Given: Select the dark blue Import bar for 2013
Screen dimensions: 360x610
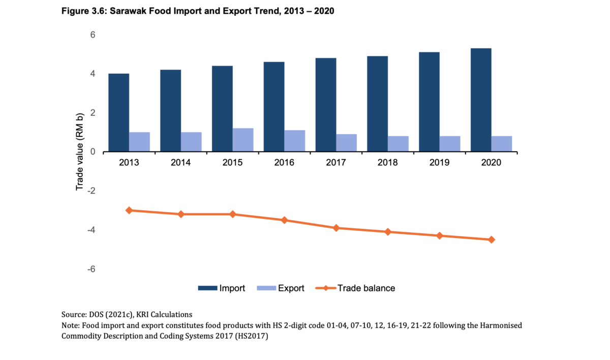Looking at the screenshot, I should point(118,112).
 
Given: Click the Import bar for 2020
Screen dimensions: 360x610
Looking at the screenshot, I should point(481,100).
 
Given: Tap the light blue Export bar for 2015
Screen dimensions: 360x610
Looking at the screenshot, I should point(243,140).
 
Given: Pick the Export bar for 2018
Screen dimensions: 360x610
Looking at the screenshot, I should point(398,144).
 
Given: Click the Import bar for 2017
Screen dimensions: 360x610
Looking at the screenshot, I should point(326,105).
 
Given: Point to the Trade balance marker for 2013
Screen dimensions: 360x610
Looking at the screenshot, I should point(129,210).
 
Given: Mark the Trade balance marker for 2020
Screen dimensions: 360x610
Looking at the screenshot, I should point(492,239).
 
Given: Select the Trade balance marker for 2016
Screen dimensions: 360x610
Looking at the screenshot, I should point(285,220).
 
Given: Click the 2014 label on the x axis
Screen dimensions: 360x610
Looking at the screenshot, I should point(180,163).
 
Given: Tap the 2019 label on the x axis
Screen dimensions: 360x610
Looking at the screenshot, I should point(439,163).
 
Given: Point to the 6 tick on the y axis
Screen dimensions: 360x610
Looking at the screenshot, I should point(93,35).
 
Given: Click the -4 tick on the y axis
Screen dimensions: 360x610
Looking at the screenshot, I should point(91,230).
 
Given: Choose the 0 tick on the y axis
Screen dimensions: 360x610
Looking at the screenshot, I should point(93,152).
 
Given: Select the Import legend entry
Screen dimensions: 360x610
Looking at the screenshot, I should point(232,288).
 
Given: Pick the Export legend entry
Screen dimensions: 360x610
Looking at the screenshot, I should point(291,288).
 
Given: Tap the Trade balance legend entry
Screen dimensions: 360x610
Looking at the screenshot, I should point(366,288).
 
